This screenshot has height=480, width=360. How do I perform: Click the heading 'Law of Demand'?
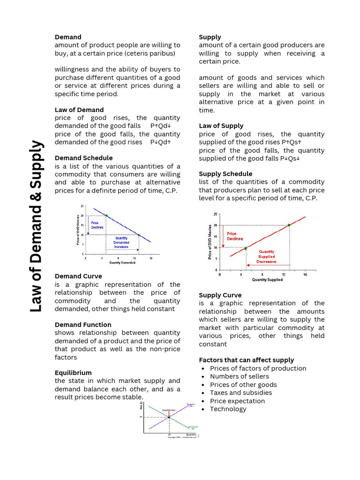[x=79, y=110]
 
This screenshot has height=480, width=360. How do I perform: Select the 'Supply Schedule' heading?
[x=225, y=174]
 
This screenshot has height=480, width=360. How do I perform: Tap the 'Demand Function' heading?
[x=83, y=324]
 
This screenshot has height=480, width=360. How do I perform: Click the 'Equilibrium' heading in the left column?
[x=73, y=373]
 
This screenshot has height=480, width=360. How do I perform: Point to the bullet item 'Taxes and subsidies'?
[x=240, y=393]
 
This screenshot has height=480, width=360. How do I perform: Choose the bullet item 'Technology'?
[x=228, y=409]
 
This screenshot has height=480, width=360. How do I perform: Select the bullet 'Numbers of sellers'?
[x=239, y=376]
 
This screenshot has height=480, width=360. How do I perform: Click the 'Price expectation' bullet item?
[x=237, y=401]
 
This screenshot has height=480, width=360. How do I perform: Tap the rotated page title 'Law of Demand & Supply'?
[x=36, y=226]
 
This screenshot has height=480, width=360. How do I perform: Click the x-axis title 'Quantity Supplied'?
[x=267, y=280]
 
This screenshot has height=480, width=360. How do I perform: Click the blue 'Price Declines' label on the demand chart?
[x=97, y=225]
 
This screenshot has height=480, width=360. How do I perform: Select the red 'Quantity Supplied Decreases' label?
[x=266, y=256]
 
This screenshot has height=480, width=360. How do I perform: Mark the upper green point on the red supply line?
[x=289, y=225]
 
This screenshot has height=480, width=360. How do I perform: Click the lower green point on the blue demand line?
[x=139, y=235]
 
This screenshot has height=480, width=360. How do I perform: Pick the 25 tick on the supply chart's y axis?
[x=216, y=214]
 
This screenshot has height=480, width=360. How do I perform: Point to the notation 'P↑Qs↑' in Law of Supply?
[x=291, y=142]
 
